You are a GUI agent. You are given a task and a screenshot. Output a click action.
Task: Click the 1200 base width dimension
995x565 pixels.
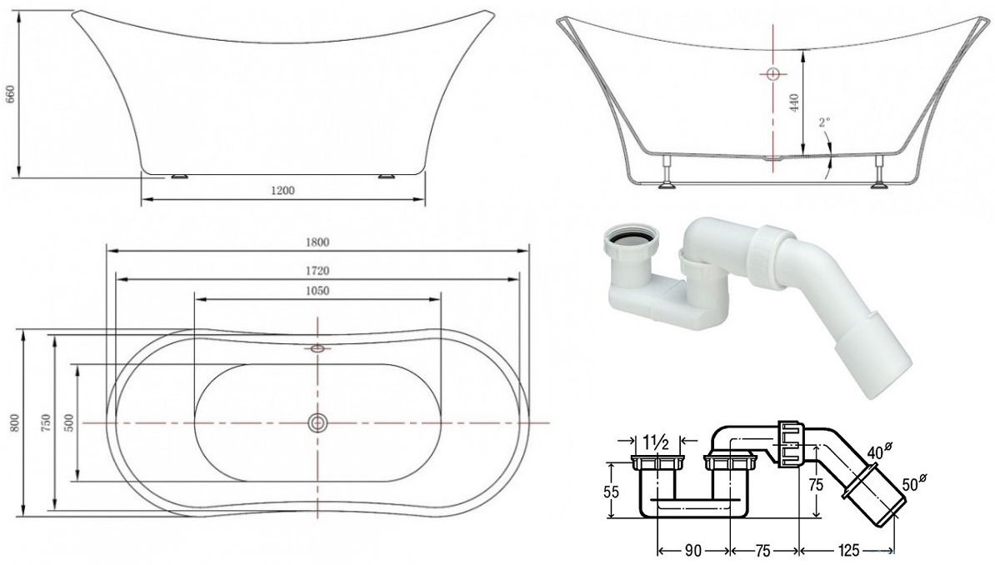pyautogui.click(x=282, y=190)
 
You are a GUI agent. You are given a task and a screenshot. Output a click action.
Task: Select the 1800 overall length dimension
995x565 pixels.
pyautogui.click(x=317, y=242)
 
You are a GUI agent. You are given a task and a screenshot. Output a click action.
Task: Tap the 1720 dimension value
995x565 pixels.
pyautogui.click(x=317, y=271)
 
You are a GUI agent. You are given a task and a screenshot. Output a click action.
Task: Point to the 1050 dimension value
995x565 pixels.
pyautogui.click(x=317, y=291)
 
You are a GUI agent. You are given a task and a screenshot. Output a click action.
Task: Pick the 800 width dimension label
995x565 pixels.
pyautogui.click(x=15, y=422)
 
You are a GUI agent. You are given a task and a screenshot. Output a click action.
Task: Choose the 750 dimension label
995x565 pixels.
pyautogui.click(x=45, y=422)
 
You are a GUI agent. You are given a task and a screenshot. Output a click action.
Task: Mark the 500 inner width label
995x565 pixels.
pyautogui.click(x=69, y=422)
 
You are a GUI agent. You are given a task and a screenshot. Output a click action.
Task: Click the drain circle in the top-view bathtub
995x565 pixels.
pyautogui.click(x=317, y=422)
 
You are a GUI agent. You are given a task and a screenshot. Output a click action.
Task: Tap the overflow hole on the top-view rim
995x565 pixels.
pyautogui.click(x=317, y=347)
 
